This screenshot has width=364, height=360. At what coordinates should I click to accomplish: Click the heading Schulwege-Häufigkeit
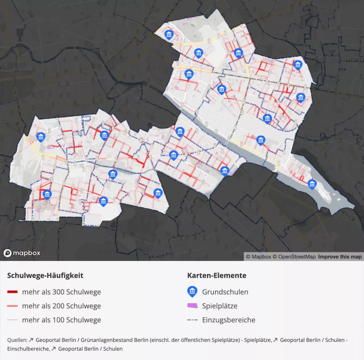click(45, 275)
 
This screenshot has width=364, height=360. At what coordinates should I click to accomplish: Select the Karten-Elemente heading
click(216, 275)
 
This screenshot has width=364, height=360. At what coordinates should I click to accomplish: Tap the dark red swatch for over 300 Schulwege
click(12, 292)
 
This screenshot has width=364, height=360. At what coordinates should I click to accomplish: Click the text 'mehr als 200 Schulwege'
click(61, 306)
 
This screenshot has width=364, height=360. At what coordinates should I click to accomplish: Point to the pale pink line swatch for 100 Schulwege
click(12, 320)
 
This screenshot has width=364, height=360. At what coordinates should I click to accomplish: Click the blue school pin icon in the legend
click(192, 292)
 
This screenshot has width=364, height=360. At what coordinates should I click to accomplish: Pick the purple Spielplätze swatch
click(192, 306)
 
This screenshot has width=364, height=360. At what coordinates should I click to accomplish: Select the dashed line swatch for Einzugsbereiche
click(192, 320)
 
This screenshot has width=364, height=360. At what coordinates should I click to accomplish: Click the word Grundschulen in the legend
click(225, 292)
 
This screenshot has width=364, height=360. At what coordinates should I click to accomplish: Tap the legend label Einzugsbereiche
click(229, 320)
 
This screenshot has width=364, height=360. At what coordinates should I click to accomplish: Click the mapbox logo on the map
click(22, 253)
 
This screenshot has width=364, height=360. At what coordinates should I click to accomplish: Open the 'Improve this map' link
click(339, 257)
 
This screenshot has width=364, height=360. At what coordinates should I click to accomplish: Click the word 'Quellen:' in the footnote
click(17, 340)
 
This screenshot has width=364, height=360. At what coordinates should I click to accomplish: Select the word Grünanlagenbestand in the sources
click(107, 340)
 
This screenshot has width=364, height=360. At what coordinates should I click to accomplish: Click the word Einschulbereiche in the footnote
click(28, 349)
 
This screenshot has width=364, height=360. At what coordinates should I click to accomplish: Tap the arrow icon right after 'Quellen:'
click(31, 340)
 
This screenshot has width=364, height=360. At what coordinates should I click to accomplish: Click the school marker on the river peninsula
click(312, 184)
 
